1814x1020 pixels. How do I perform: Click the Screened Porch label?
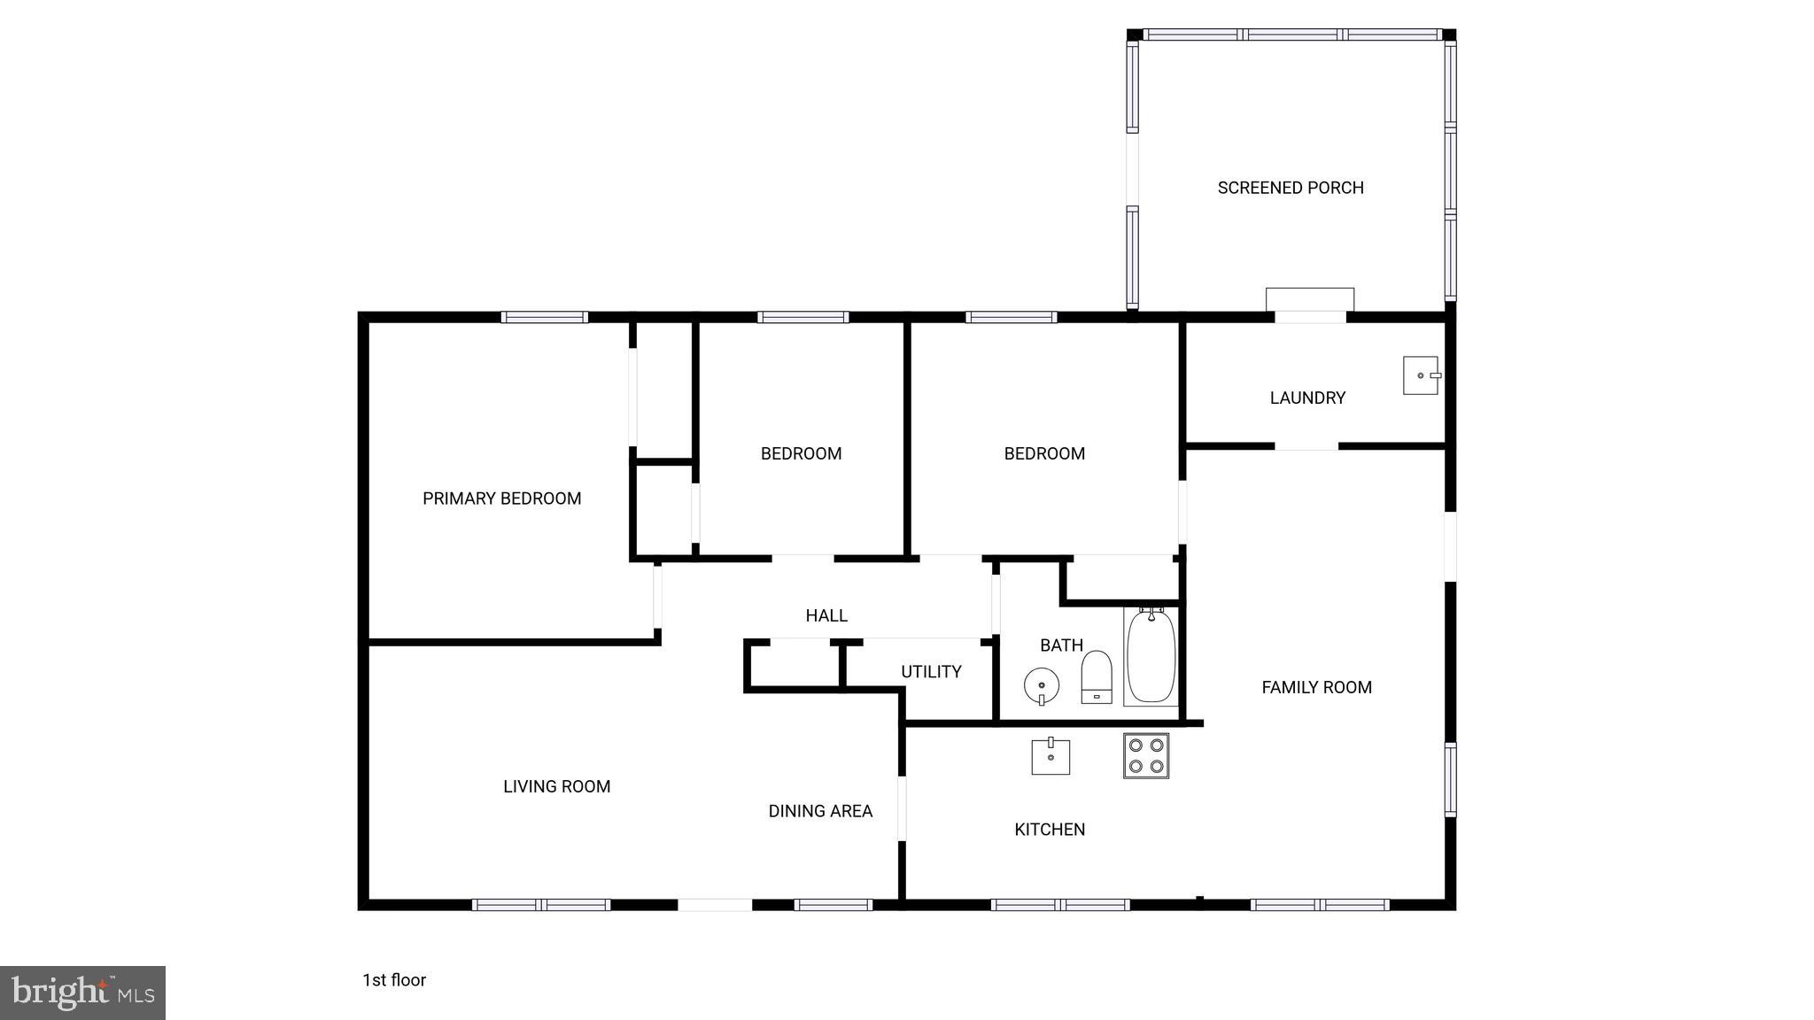(x=1291, y=188)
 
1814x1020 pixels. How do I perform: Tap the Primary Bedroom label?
(x=501, y=498)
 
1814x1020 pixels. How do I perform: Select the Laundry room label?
(x=1307, y=398)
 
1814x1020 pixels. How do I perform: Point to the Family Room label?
(x=1316, y=687)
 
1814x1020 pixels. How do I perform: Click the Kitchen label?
(x=1050, y=830)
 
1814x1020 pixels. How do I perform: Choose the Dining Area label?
(x=820, y=811)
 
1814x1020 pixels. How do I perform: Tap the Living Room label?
(x=556, y=786)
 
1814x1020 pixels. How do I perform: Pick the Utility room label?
(x=931, y=672)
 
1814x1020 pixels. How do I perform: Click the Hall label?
(x=826, y=615)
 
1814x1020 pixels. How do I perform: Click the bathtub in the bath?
(x=1151, y=656)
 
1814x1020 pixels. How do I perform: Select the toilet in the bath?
(x=1097, y=677)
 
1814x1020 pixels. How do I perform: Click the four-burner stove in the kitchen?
(x=1146, y=755)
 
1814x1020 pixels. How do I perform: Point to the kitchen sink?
(x=1050, y=756)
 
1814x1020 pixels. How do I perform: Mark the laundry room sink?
(x=1421, y=375)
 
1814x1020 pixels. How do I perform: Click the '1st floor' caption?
(x=394, y=980)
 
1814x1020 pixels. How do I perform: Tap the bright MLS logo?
(x=82, y=993)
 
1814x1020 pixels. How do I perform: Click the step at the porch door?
(x=1309, y=299)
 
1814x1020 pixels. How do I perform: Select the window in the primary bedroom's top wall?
(x=544, y=317)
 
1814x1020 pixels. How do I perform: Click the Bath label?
(x=1061, y=645)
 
